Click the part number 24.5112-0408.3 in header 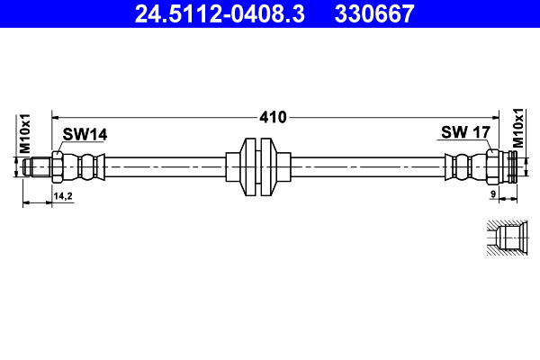pyautogui.click(x=220, y=13)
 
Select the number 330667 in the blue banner pyautogui.click(x=374, y=13)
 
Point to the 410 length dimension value pyautogui.click(x=273, y=118)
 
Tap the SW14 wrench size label pyautogui.click(x=85, y=134)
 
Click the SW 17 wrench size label pyautogui.click(x=465, y=132)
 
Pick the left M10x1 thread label pyautogui.click(x=25, y=134)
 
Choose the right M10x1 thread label pyautogui.click(x=518, y=128)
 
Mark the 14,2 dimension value pyautogui.click(x=63, y=196)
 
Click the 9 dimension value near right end pyautogui.click(x=493, y=194)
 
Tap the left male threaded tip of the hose pyautogui.click(x=37, y=167)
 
